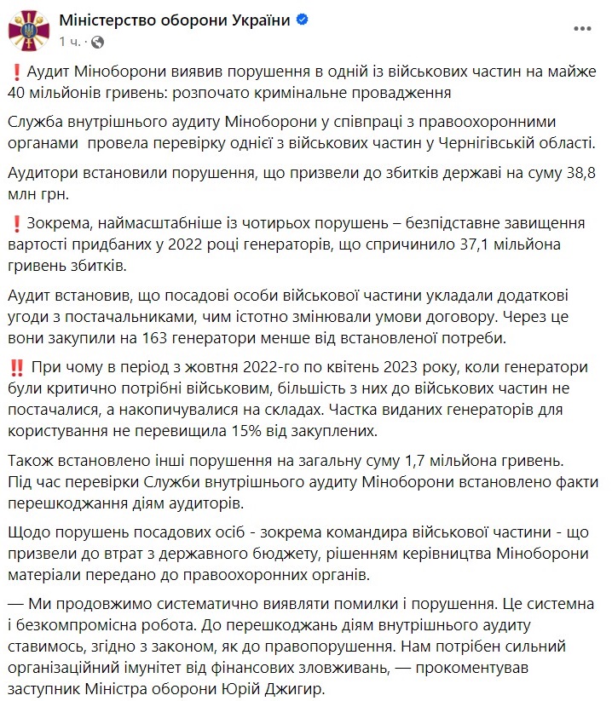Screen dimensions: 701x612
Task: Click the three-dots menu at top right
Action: [582, 29]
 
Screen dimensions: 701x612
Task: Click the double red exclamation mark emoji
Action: [16, 368]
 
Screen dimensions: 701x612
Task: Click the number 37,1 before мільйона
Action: [503, 245]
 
